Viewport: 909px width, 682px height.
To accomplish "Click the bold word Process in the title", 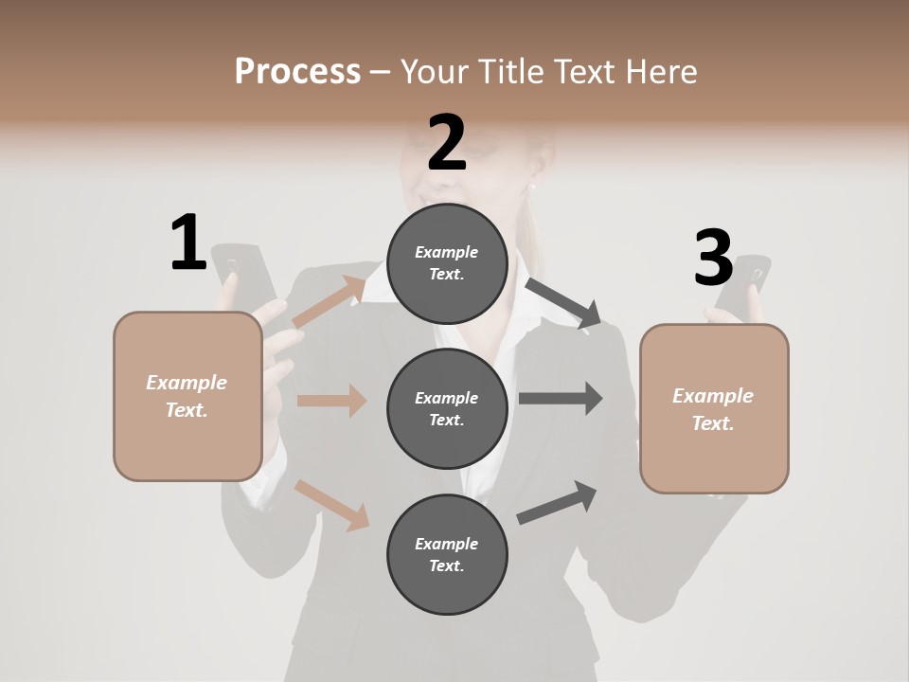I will pos(297,71).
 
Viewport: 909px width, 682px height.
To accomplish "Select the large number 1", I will pos(188,243).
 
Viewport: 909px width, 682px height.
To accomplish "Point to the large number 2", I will pos(447,142).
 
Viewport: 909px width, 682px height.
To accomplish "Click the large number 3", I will pos(713,258).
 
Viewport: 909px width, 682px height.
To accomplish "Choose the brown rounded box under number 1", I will pos(187,396).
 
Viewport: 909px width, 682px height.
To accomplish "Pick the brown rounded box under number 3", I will pos(714,408).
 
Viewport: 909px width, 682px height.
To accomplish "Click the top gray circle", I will pos(447,263).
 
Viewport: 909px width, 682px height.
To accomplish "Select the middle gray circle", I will pos(447,408).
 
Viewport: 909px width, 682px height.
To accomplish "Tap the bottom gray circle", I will pos(447,554).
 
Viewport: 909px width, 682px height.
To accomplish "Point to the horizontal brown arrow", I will pos(332,401).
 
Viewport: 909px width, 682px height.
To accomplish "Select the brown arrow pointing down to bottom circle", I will pos(332,504).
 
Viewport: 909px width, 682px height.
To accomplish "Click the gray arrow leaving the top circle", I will pos(564,303).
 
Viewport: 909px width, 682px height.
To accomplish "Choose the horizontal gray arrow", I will pos(561,398).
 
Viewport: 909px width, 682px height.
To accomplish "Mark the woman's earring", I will pos(533,188).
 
